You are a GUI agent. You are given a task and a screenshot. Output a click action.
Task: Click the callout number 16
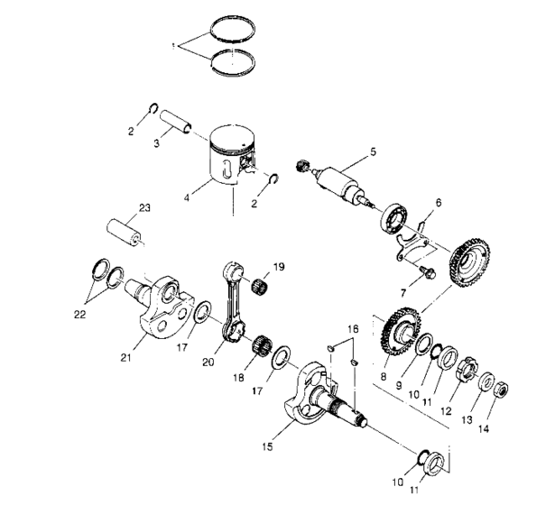tap(354, 330)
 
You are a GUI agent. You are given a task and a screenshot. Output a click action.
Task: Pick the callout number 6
tap(439, 206)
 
